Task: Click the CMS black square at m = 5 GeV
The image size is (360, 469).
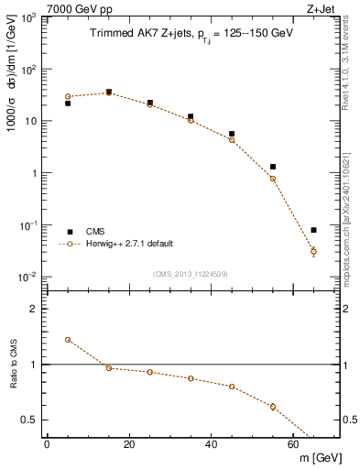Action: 68,104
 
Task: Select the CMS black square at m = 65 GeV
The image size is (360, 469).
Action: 313,230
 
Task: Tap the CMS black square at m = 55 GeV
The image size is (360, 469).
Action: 273,167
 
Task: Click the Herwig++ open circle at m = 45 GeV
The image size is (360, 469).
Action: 232,140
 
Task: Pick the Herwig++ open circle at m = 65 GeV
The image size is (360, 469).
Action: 313,251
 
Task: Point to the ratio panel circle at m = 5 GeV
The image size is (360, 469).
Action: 68,339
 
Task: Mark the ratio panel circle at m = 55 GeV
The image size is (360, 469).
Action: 273,407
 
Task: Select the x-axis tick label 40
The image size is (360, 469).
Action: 212,446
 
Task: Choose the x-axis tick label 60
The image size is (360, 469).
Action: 293,446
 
